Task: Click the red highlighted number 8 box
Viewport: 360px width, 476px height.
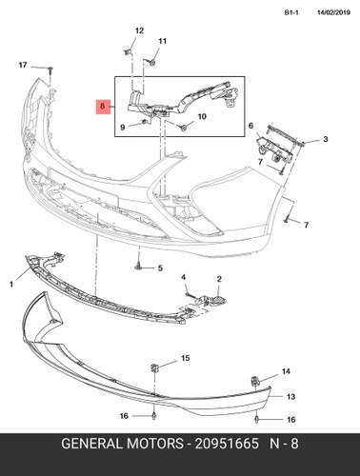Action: coord(102,107)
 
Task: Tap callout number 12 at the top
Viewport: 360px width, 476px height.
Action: coord(139,30)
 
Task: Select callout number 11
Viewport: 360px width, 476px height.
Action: coord(163,41)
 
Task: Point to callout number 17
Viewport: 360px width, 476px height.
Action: coord(23,65)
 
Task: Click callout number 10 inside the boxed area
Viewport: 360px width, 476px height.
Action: coord(202,116)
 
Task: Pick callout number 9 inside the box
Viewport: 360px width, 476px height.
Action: coord(123,128)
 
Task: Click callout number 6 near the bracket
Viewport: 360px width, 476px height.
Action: coord(250,126)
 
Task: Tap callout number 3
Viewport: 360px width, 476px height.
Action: coord(326,139)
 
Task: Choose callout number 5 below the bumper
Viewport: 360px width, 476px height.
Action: coord(160,268)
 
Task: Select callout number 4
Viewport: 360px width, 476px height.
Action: coord(184,278)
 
